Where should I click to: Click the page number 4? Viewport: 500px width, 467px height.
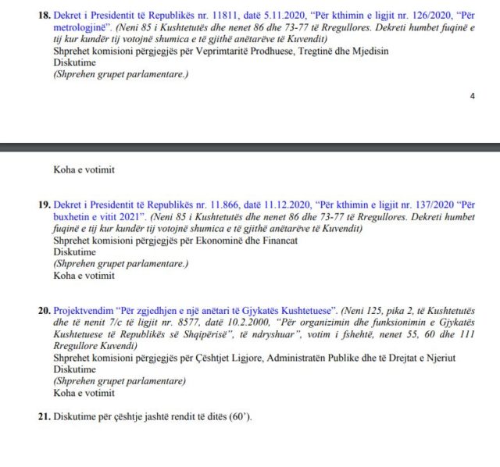pyautogui.click(x=472, y=96)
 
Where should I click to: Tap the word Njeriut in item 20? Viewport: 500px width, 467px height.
pyautogui.click(x=438, y=358)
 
